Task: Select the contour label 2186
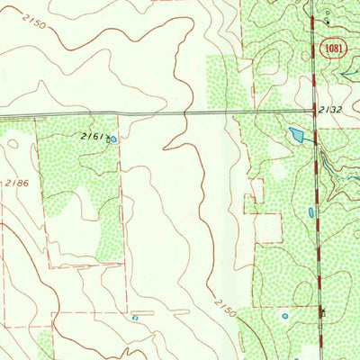pyautogui.click(x=11, y=183)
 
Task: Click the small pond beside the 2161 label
pyautogui.click(x=112, y=139)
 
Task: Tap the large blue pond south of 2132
pyautogui.click(x=298, y=136)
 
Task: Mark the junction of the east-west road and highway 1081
pyautogui.click(x=314, y=111)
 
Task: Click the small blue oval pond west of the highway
pyautogui.click(x=310, y=213)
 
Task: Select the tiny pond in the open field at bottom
pyautogui.click(x=135, y=317)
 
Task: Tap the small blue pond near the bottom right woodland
pyautogui.click(x=284, y=316)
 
